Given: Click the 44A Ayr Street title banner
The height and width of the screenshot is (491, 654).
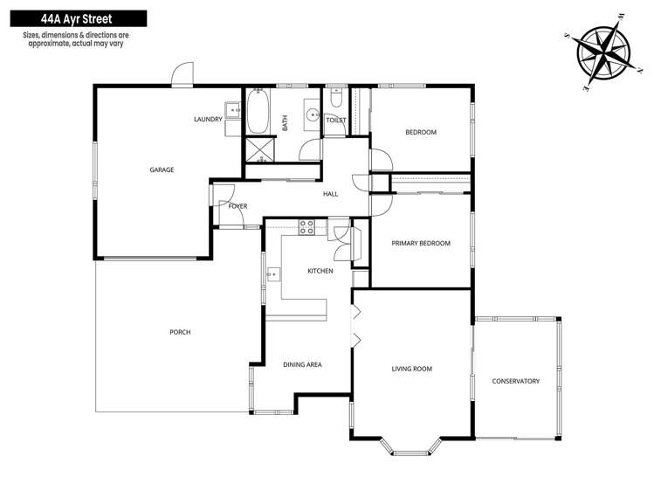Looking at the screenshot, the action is [79, 18].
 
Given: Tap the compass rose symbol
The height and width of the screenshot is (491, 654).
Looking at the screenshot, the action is [603, 53].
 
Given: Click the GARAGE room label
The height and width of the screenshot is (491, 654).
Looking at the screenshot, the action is [162, 169].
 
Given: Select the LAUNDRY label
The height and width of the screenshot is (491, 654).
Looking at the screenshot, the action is [208, 120].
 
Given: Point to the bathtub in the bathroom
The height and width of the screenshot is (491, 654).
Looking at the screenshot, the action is [258, 111].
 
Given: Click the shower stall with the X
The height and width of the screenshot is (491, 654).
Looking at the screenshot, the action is [260, 149].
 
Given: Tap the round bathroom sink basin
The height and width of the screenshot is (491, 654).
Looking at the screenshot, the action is [312, 114].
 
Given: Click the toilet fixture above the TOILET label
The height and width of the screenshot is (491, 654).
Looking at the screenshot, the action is [335, 97].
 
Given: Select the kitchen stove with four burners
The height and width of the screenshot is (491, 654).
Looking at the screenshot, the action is [306, 227].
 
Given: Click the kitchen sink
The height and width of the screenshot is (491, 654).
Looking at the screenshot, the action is [273, 274].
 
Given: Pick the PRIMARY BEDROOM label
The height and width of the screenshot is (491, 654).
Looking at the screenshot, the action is [421, 243].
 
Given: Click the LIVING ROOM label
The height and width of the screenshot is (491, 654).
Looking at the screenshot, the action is [411, 369].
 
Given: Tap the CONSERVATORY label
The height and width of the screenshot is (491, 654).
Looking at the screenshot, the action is [515, 381].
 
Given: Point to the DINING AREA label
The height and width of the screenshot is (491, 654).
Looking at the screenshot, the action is [302, 364].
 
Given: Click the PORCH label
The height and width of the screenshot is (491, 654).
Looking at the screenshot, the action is [180, 332].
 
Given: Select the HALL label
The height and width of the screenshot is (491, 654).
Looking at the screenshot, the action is [331, 194].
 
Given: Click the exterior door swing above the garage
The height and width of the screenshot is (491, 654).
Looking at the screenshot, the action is [182, 74].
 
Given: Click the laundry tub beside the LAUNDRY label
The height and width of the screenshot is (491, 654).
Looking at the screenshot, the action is [233, 110].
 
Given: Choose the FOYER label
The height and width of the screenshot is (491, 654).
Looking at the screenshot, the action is [238, 206].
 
